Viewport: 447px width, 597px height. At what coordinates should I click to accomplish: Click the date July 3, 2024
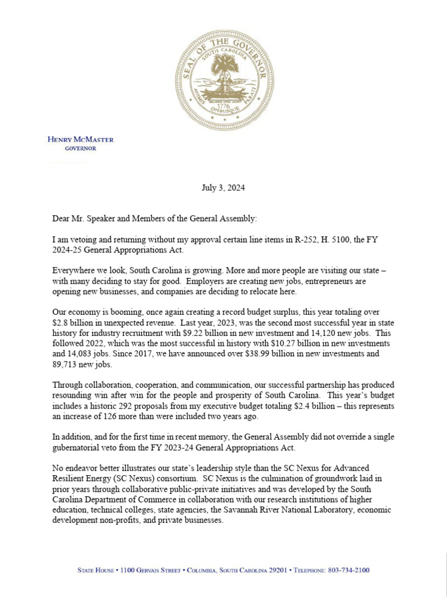(x=223, y=188)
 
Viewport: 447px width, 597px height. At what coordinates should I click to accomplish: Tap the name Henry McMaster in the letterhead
(x=80, y=139)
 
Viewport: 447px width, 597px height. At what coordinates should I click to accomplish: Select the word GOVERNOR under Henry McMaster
(x=80, y=148)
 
